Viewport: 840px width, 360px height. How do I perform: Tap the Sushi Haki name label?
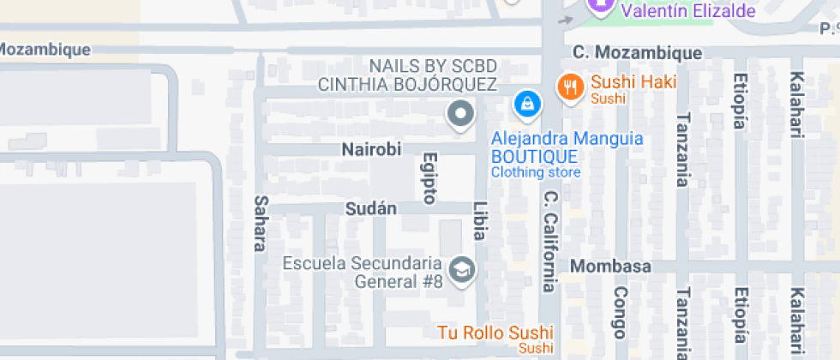click(634, 83)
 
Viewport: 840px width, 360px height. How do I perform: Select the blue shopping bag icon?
click(527, 105)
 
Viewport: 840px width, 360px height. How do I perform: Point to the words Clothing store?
click(536, 172)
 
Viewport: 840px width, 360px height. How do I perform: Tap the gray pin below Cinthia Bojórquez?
click(461, 113)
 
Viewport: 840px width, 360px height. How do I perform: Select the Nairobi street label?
click(371, 149)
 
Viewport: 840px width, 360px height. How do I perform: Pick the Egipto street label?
click(430, 178)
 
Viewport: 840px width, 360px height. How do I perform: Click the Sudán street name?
click(370, 208)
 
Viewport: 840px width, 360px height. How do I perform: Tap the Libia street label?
click(480, 221)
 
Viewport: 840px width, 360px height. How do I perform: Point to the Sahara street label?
click(260, 223)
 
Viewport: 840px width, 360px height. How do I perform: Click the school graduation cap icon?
click(463, 269)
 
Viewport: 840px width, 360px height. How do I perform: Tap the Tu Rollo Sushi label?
click(495, 333)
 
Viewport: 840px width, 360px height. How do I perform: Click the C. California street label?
click(549, 241)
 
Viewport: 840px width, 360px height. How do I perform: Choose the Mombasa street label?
click(611, 266)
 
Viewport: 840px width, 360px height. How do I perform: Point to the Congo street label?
click(621, 313)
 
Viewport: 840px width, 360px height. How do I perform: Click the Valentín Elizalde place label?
click(688, 11)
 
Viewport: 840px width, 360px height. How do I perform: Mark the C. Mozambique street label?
click(638, 53)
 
